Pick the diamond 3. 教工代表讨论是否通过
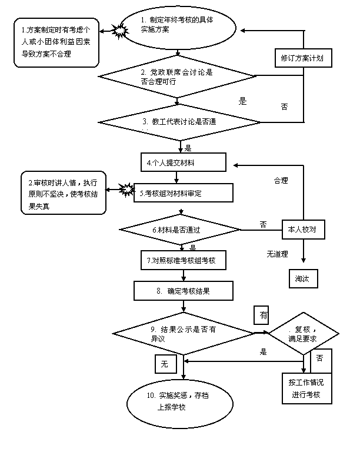pyautogui.click(x=180, y=122)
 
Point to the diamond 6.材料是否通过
pyautogui.click(x=180, y=229)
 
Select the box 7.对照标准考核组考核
pyautogui.click(x=180, y=260)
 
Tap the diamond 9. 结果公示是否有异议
pyautogui.click(x=184, y=334)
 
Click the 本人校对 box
pyautogui.click(x=304, y=229)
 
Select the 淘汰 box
pyautogui.click(x=303, y=278)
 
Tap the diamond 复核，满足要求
pyautogui.click(x=304, y=334)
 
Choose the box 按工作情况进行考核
pyautogui.click(x=306, y=388)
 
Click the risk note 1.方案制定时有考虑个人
pyautogui.click(x=55, y=42)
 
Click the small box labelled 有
pyautogui.click(x=262, y=315)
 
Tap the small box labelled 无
pyautogui.click(x=165, y=364)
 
